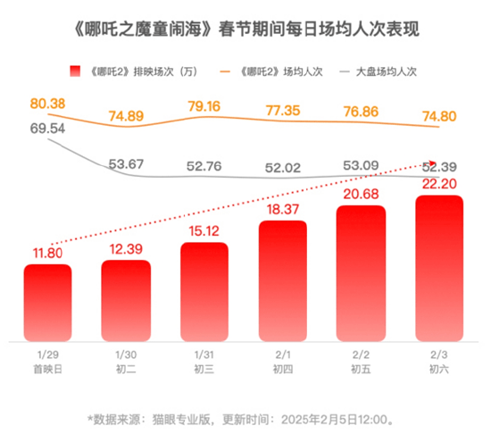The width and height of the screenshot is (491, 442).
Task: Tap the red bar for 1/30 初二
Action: (126, 299)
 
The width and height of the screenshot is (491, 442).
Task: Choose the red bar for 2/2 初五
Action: (361, 272)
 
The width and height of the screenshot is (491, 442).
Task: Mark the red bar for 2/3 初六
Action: (439, 268)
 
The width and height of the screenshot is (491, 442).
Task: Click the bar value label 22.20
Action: (439, 183)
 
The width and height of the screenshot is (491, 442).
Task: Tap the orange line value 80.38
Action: (47, 104)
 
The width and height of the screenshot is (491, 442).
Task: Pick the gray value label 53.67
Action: (126, 163)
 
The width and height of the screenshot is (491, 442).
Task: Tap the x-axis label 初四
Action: (283, 368)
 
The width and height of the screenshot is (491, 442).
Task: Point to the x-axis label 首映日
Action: (47, 368)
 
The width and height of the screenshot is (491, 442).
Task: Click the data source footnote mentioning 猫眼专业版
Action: (245, 416)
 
